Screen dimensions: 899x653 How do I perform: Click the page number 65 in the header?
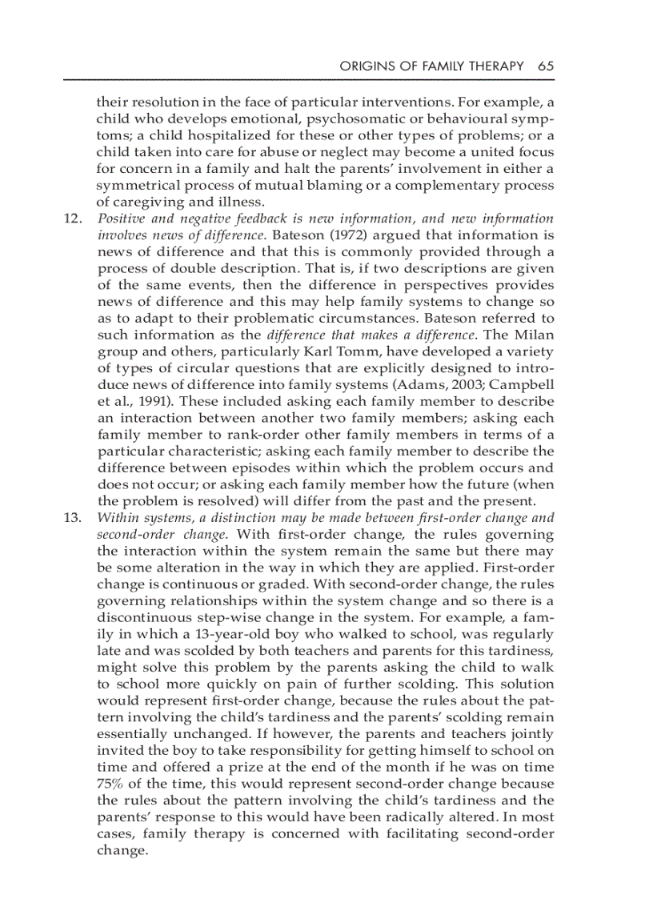pyautogui.click(x=546, y=66)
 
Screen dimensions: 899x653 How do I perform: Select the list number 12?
pyautogui.click(x=73, y=219)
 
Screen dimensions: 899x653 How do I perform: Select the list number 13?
pyautogui.click(x=73, y=517)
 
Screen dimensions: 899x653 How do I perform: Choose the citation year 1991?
pyautogui.click(x=140, y=403)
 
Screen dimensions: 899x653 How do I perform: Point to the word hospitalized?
pyautogui.click(x=202, y=135)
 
